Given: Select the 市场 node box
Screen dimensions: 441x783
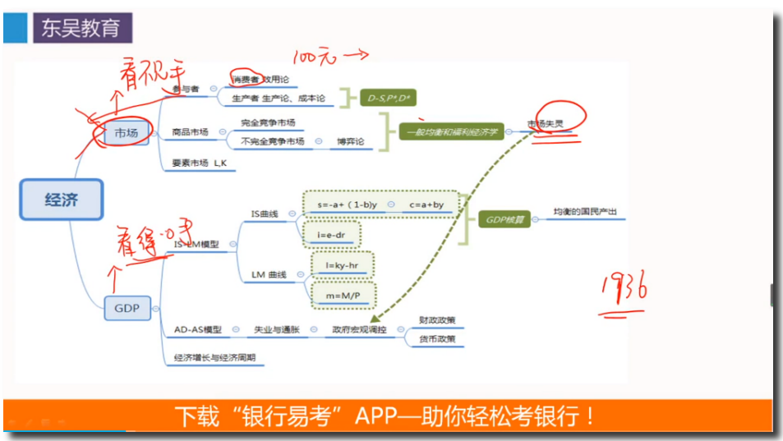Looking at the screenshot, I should [x=126, y=132].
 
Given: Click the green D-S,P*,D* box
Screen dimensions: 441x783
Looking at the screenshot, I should [x=390, y=99].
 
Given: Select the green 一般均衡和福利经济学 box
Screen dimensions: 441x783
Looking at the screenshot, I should [x=453, y=131].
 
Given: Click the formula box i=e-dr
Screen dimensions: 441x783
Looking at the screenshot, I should [x=330, y=234].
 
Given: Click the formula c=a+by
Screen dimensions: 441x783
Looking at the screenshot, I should [x=426, y=204].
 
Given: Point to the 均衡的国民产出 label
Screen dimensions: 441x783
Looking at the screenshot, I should [x=584, y=213].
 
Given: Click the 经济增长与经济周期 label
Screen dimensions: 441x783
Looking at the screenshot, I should [x=214, y=358].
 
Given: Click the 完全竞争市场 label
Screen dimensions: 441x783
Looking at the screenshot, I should [x=267, y=123].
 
